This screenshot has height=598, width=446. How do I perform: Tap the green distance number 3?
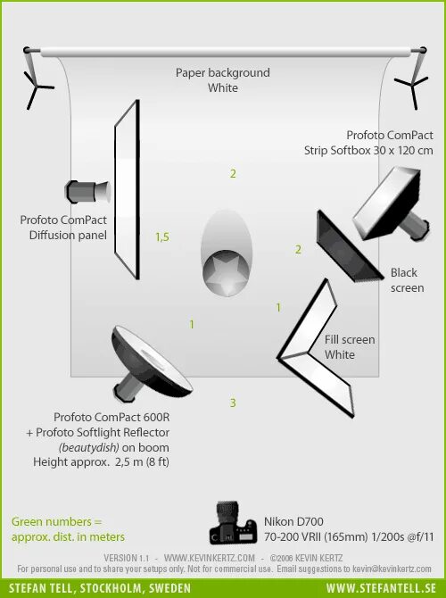pos(233,403)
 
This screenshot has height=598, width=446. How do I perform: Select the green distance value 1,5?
pos(162,237)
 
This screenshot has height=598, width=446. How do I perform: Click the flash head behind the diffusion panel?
pos(87,190)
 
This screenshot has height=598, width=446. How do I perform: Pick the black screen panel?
pos(348,245)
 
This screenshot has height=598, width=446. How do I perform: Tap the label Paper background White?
pos(222,80)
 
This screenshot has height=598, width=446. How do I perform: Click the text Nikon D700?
pos(293,522)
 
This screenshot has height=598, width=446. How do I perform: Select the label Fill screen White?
pos(350,347)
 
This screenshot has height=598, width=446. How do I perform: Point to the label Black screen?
pos(407,280)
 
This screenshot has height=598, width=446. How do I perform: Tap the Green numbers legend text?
pos(68,528)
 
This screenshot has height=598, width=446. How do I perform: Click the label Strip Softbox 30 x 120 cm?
pos(368,150)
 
